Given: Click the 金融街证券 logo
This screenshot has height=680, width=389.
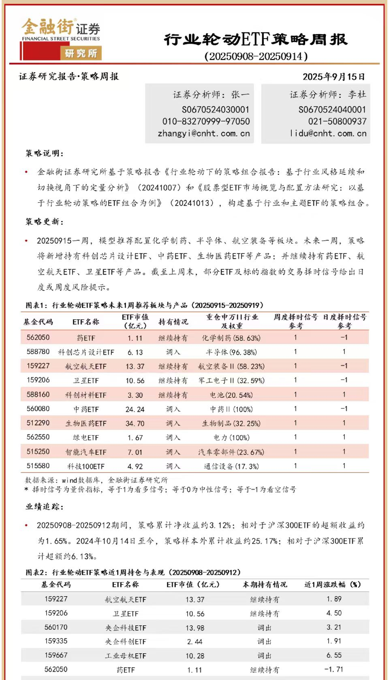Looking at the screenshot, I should [61, 38].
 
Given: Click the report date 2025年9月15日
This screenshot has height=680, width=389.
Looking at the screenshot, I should [333, 77].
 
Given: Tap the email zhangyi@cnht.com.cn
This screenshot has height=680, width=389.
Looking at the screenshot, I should [204, 133].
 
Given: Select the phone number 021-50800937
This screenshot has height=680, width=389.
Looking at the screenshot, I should [337, 121].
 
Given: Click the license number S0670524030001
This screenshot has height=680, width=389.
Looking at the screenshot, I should [216, 110].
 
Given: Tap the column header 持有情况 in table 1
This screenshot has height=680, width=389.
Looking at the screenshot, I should [173, 322].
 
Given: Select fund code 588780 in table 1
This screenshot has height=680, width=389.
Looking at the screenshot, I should [38, 352].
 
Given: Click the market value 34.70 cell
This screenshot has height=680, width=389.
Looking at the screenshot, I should [135, 423].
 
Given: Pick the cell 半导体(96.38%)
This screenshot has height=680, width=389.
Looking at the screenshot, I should [231, 352].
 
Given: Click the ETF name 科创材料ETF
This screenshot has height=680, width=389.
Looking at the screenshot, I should [86, 395].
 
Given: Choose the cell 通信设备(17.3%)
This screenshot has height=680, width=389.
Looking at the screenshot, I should [231, 466].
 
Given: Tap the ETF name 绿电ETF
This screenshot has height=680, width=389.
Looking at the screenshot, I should [86, 438].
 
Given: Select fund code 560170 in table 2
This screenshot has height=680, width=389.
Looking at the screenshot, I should [56, 627].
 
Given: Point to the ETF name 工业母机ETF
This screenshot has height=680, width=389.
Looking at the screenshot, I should [126, 656].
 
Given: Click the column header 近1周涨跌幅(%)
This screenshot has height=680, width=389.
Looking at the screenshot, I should [332, 584].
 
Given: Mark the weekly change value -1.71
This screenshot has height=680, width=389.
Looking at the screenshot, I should [334, 669].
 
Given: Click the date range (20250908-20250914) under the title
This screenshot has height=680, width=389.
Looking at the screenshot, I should [256, 56].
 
